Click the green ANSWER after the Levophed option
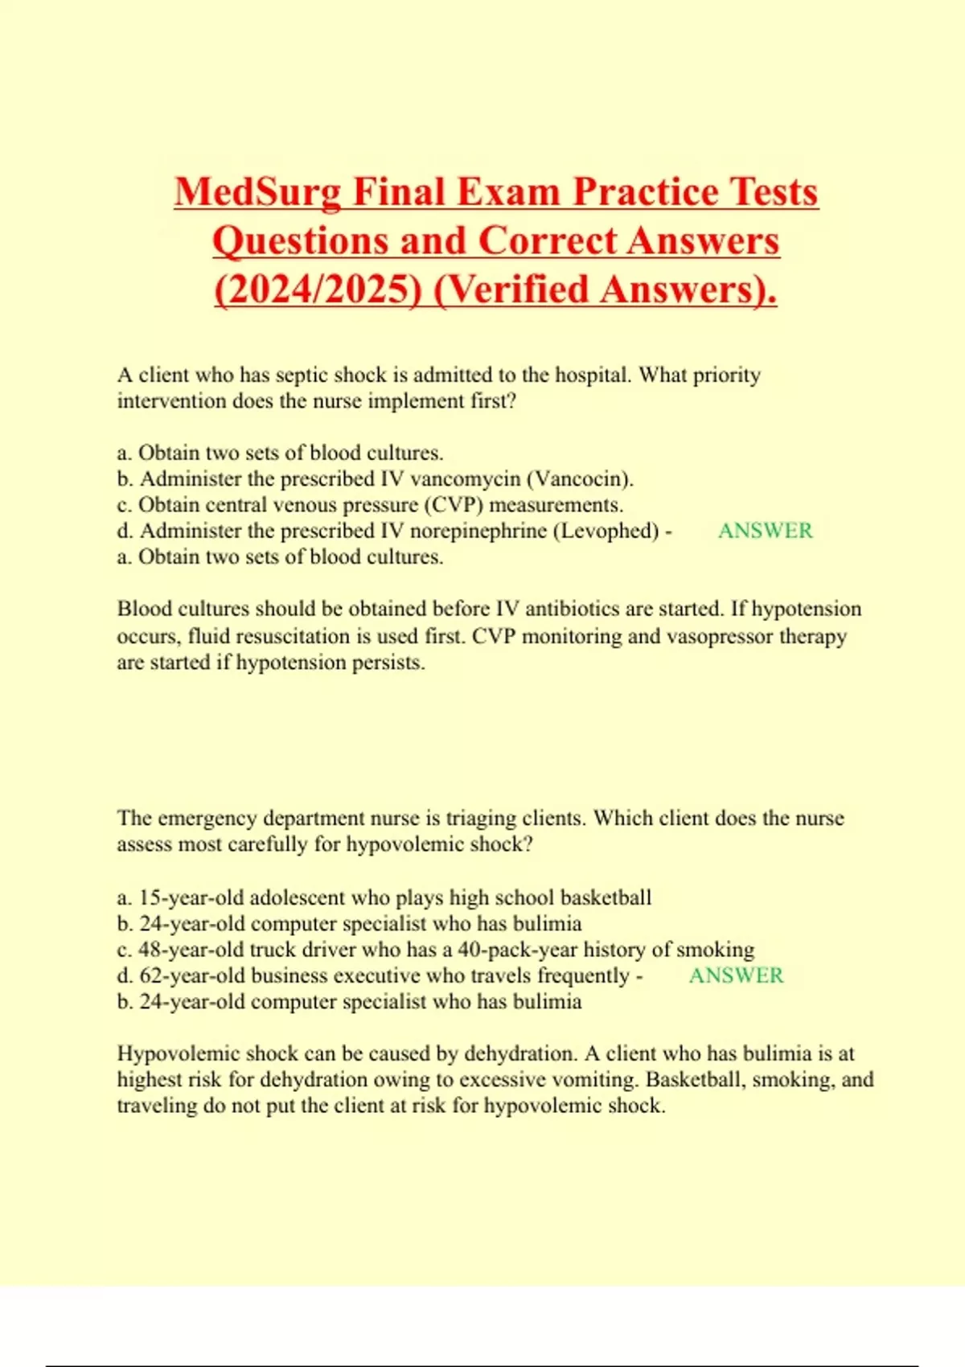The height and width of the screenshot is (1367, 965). click(765, 531)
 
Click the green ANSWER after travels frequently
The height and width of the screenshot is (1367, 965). click(736, 975)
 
